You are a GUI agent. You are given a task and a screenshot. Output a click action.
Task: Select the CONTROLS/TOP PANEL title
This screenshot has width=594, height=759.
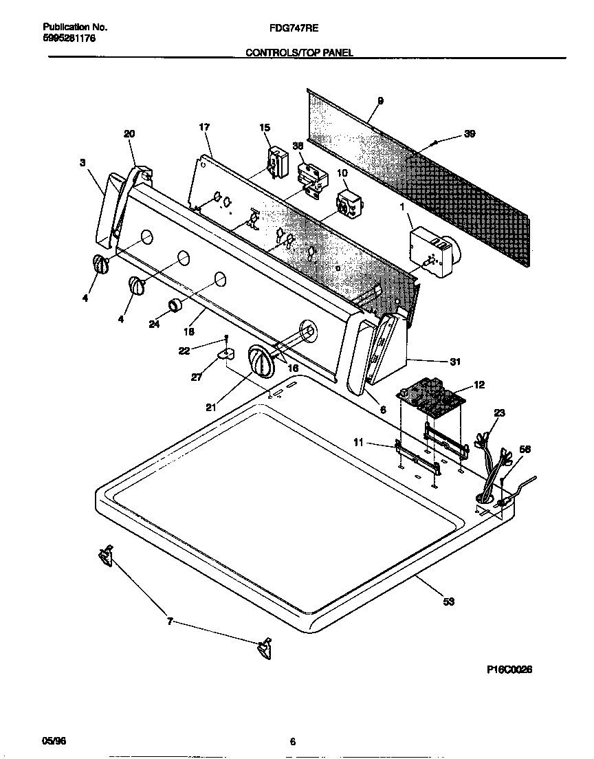pyautogui.click(x=299, y=52)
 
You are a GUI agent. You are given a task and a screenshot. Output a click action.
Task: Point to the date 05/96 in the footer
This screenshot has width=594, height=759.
pyautogui.click(x=54, y=741)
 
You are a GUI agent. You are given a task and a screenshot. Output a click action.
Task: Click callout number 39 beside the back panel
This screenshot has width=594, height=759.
pyautogui.click(x=470, y=134)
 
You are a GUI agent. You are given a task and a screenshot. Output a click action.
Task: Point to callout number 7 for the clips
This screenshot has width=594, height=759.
pyautogui.click(x=170, y=622)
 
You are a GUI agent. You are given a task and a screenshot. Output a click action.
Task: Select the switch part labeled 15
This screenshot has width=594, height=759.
pyautogui.click(x=277, y=160)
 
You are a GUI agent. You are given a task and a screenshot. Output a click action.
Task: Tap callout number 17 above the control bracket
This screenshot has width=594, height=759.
pyautogui.click(x=204, y=127)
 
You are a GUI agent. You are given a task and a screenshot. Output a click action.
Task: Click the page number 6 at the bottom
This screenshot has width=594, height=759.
pyautogui.click(x=292, y=741)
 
